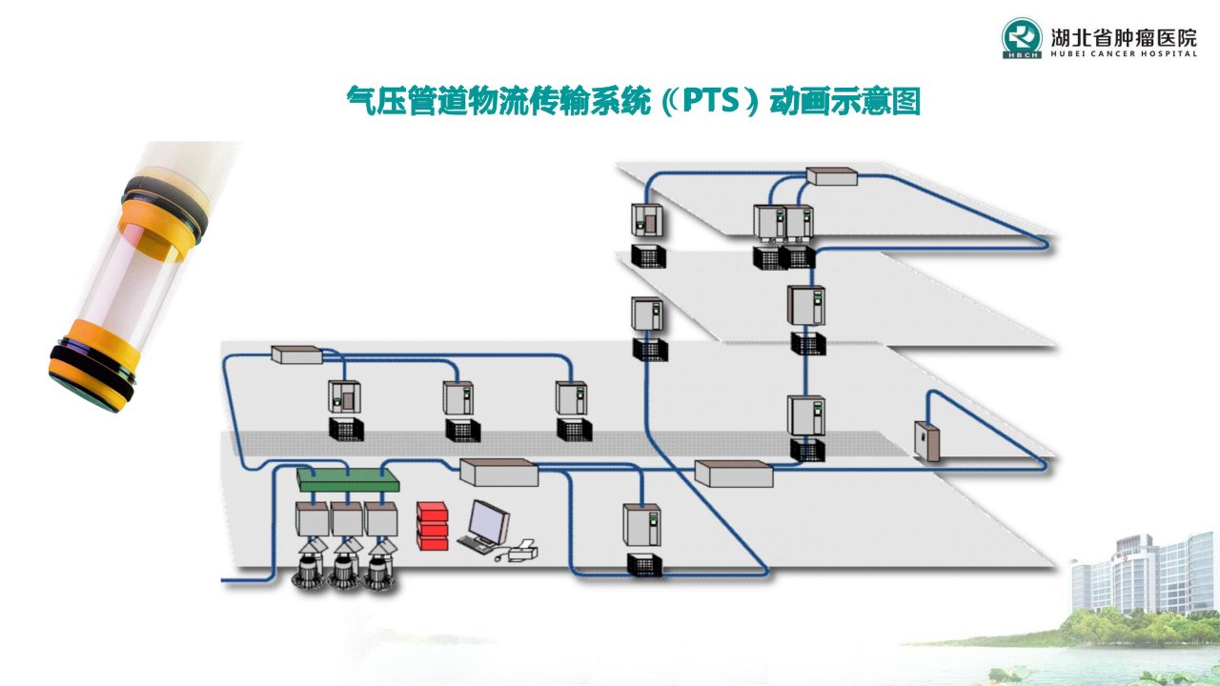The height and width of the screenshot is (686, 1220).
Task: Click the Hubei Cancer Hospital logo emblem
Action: tap(1023, 37)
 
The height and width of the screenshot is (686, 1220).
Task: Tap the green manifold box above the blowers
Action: tap(348, 479)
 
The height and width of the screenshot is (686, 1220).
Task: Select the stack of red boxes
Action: tap(433, 526)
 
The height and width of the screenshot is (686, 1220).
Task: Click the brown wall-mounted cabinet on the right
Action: tap(926, 441)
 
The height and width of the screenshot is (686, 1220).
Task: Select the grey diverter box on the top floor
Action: tap(832, 176)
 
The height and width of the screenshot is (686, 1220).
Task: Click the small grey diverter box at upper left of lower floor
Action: tap(296, 354)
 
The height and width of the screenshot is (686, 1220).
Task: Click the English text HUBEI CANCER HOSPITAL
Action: tap(1124, 53)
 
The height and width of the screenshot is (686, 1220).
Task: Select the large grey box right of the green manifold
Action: tap(498, 472)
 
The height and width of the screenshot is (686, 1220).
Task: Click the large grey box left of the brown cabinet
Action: tap(734, 474)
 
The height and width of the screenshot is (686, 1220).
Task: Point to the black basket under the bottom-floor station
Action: tap(645, 565)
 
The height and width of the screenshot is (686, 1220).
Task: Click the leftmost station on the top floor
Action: tap(647, 220)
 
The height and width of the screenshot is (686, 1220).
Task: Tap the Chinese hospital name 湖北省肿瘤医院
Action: tap(1124, 37)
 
